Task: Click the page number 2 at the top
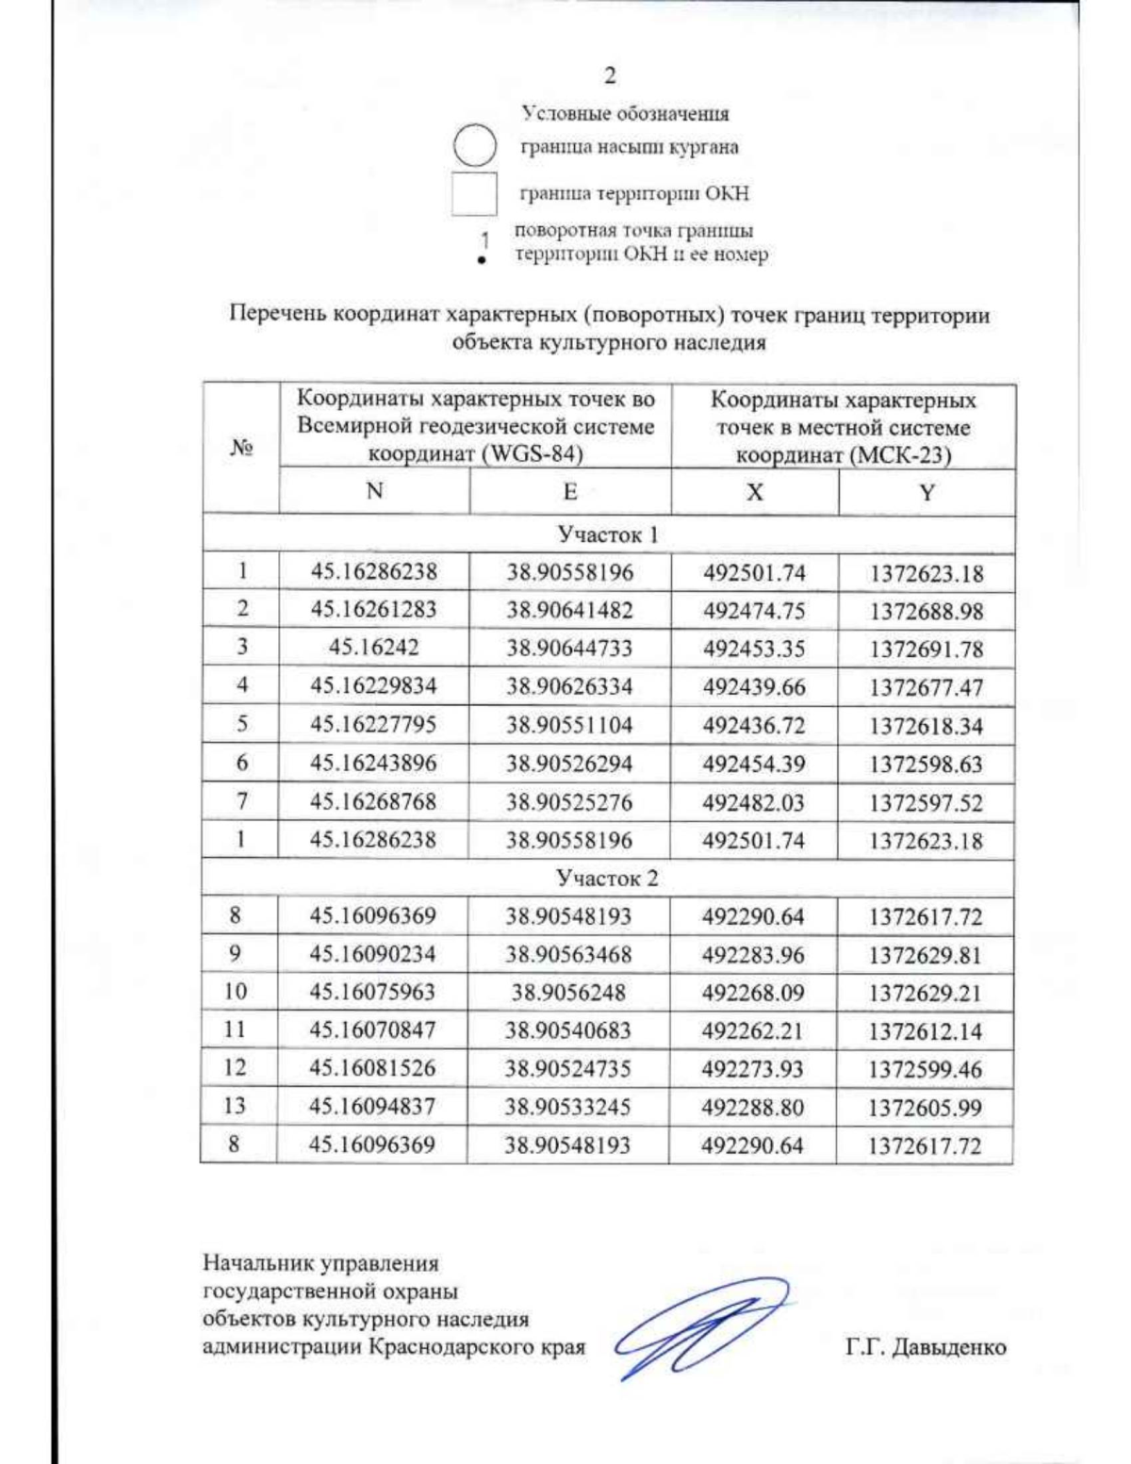point(610,76)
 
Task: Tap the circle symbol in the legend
point(474,147)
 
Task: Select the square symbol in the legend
point(474,194)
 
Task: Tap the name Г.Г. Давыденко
point(925,1347)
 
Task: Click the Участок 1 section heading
point(608,535)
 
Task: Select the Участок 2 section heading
point(607,879)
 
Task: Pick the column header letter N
point(374,491)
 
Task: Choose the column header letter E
point(569,491)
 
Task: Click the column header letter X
point(754,492)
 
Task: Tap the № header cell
point(241,448)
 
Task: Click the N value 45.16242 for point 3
point(373,648)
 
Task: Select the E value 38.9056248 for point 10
point(568,992)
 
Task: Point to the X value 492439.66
point(754,686)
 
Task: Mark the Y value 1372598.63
point(926,765)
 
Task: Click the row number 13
point(235,1106)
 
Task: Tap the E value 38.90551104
point(569,725)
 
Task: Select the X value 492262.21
point(752,1030)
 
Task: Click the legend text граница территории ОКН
point(634,194)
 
